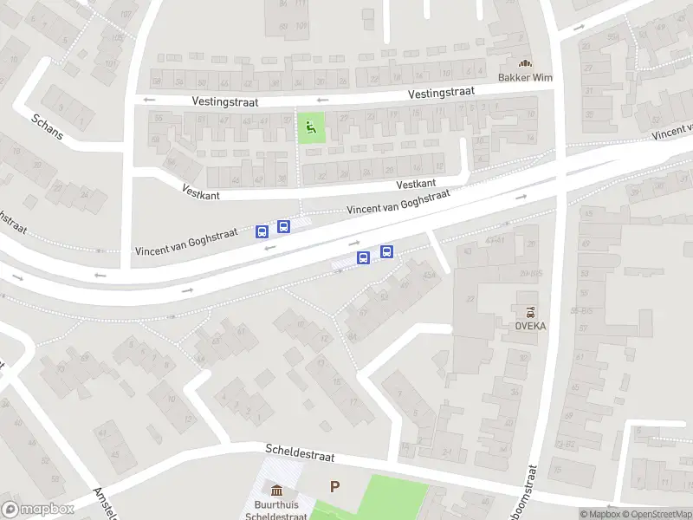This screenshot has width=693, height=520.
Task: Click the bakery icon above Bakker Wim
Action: point(525,62)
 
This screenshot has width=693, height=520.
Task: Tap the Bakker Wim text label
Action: point(525,77)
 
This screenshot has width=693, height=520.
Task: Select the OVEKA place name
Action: point(530,326)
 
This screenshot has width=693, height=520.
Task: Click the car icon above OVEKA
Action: point(530,311)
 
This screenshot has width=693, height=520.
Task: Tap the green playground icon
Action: point(310,129)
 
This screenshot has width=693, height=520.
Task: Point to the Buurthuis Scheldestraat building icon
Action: point(276,490)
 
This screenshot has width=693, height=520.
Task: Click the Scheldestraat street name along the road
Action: point(300,453)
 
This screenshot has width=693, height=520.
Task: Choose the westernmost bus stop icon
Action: point(262,231)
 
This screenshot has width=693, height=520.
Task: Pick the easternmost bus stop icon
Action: point(386,252)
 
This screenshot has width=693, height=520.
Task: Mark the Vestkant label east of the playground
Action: point(416,185)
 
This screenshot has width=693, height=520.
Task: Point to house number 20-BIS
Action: point(530,274)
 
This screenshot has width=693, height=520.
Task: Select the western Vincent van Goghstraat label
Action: point(186,244)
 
